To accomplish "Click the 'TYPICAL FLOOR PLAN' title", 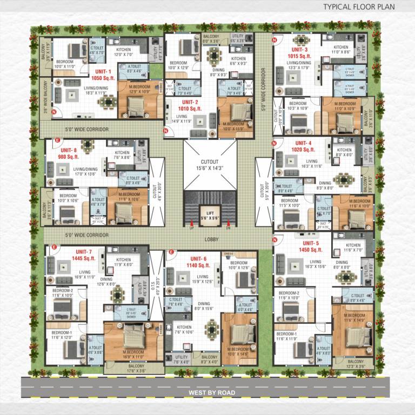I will coord(359,7).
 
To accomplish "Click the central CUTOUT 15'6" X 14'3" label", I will coord(209,165).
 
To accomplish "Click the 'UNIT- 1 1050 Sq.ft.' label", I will coord(103,74).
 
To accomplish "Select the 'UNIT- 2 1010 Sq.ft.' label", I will coord(190,105).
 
